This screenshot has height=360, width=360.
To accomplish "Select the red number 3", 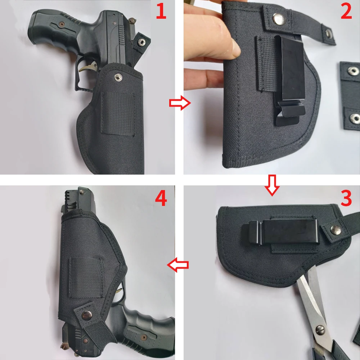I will (346, 199).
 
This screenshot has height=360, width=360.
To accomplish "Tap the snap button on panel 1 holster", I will (118, 76).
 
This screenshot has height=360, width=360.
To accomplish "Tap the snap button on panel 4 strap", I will (87, 316).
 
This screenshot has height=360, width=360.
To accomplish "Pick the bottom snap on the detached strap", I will (355, 117).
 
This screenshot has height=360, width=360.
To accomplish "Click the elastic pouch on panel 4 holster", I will (86, 279).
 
